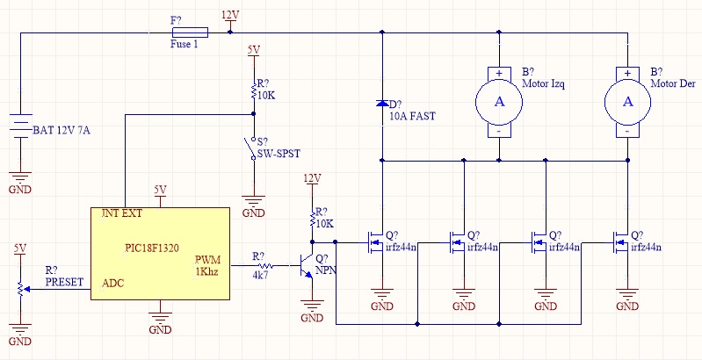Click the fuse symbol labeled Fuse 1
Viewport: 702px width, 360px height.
[190, 32]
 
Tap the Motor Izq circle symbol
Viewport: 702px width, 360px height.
[499, 102]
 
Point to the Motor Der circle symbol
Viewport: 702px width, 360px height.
[627, 102]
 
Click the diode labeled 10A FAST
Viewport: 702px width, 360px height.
[382, 104]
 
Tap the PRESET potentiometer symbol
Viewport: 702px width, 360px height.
[21, 290]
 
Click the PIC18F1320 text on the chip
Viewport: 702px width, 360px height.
[152, 248]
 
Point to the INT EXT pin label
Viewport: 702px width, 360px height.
[122, 213]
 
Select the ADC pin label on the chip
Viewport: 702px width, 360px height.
[113, 283]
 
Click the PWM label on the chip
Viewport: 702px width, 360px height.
[207, 260]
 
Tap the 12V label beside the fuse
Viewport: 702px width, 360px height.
[230, 15]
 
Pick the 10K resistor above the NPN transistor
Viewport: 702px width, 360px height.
[312, 220]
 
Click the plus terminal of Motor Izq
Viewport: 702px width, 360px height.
[499, 74]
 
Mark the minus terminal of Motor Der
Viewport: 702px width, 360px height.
[627, 132]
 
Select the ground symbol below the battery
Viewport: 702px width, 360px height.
[20, 176]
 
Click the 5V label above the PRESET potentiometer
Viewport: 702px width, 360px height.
[20, 248]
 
